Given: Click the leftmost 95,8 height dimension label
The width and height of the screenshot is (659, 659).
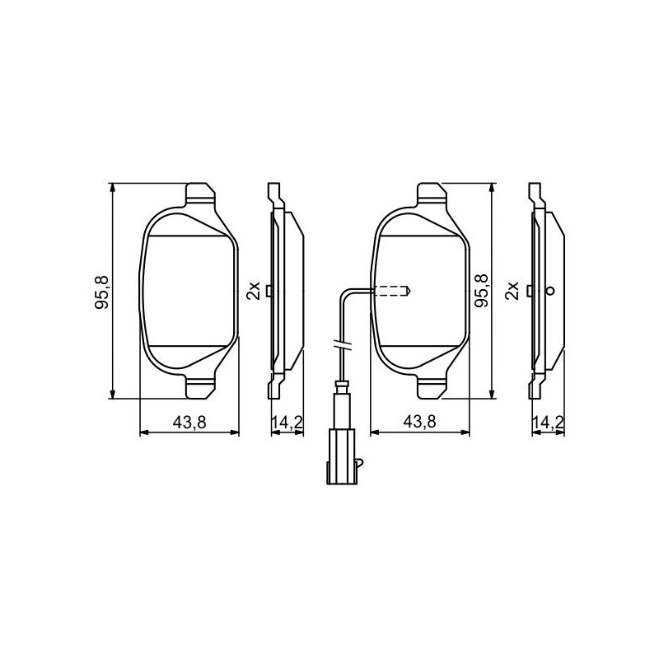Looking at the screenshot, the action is click(x=102, y=292).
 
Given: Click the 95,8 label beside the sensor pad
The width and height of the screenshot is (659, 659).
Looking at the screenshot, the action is click(x=482, y=290).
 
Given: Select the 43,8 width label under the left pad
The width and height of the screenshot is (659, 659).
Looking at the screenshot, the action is click(x=189, y=422).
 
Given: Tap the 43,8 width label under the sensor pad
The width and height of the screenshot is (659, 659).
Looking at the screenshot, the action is click(x=419, y=422).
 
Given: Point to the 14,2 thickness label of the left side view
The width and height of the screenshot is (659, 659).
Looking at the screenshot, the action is click(x=287, y=422).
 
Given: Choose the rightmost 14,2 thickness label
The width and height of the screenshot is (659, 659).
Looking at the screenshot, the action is click(x=548, y=422).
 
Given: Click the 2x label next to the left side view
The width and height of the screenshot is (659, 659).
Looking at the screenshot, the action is click(x=254, y=291).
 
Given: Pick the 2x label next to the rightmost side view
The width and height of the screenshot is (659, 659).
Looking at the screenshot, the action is click(x=512, y=291).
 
